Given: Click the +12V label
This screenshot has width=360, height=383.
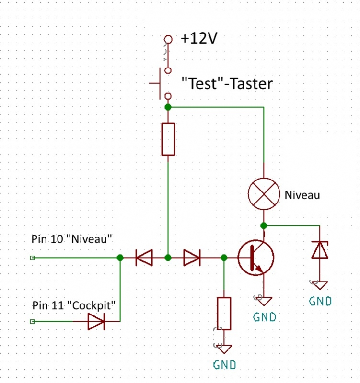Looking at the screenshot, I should point(199,39).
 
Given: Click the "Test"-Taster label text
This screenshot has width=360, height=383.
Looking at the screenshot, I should point(227,84).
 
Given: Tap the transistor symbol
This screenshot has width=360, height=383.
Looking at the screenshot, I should point(255,258).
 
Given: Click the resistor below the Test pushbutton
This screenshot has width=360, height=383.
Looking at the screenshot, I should point(168,139).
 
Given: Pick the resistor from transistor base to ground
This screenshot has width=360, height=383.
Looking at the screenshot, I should point(224,313).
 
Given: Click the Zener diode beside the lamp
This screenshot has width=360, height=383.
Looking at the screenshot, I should point(320,249).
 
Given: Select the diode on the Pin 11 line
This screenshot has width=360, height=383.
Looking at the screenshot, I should point(96,321).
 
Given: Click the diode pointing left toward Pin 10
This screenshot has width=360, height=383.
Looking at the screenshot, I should point(144,258).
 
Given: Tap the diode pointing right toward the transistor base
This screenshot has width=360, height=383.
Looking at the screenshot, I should point(192,258).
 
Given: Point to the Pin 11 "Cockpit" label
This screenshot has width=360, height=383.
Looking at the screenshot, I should point(74,305).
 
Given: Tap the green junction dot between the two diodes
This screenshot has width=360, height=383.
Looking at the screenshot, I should point(168,258).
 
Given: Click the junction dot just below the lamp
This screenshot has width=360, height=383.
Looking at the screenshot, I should point(263,225).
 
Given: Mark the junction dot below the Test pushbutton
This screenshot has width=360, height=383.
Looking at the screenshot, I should point(168,106).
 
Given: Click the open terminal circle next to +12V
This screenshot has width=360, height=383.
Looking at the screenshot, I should point(167,39).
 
